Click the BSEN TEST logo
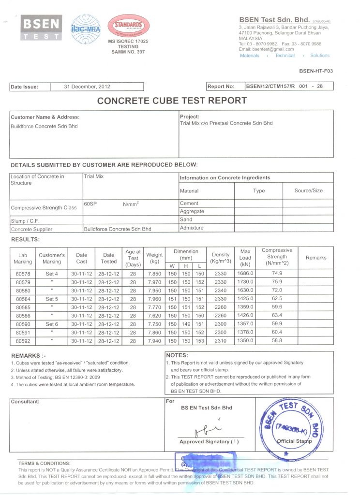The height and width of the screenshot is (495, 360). click(x=41, y=28)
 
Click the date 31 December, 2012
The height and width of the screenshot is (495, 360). click(x=87, y=87)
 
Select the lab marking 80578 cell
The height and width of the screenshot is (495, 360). click(x=23, y=274)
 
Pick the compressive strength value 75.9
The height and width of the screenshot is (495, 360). click(x=277, y=282)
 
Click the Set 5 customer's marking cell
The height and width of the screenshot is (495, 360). click(x=52, y=299)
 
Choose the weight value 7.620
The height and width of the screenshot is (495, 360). click(x=154, y=316)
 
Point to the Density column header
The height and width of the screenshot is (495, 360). click(x=221, y=258)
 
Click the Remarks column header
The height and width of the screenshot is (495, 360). click(x=316, y=258)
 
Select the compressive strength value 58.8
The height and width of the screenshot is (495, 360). click(x=277, y=340)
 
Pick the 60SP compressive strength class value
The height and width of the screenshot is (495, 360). click(x=90, y=204)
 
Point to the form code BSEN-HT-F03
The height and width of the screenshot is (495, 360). click(x=315, y=71)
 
